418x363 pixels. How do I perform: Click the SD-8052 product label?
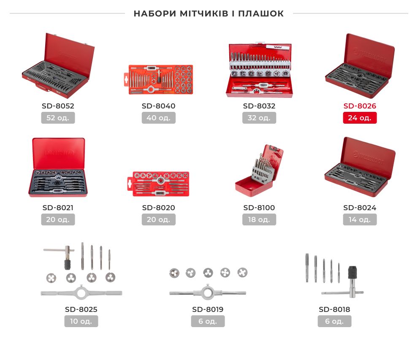point(58,106)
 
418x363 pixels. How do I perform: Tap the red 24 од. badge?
point(360,118)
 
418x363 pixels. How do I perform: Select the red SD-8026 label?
point(360,106)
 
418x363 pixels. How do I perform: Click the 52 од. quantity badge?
point(58,118)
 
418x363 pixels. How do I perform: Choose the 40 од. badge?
point(159,118)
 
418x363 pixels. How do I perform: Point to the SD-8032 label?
point(259,106)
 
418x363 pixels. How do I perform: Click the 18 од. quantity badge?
point(259,219)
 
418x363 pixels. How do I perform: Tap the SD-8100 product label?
point(259,208)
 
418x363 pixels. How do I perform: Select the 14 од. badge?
point(360,219)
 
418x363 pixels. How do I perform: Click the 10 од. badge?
point(81,321)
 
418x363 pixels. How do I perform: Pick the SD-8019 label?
point(208,310)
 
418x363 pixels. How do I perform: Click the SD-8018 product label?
point(334,310)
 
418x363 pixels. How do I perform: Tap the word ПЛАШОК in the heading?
point(261,14)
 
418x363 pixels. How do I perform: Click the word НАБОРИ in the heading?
point(155,14)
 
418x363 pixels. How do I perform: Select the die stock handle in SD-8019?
point(207,293)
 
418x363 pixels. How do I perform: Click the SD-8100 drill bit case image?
point(259,171)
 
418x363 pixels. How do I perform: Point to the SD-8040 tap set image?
point(159,79)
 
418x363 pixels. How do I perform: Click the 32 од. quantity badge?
point(259,118)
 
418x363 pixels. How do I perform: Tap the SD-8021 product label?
point(58,208)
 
